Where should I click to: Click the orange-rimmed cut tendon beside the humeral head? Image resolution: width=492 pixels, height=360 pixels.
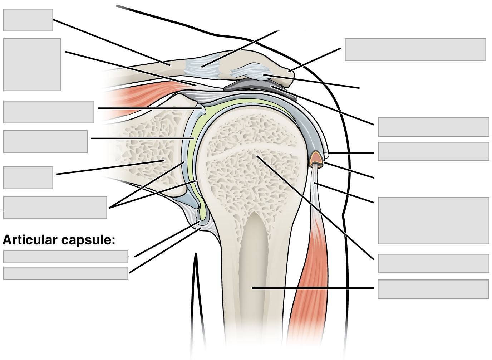[316, 158]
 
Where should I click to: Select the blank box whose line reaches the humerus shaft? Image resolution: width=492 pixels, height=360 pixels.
[433, 289]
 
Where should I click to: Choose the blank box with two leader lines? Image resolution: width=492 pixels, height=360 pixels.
[55, 207]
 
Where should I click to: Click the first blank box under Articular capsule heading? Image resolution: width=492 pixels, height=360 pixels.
[65, 257]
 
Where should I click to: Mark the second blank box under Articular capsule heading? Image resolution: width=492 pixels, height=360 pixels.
[65, 273]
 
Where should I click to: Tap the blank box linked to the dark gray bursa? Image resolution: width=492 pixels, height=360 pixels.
[433, 127]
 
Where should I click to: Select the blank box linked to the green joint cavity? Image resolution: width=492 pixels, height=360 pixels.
[45, 142]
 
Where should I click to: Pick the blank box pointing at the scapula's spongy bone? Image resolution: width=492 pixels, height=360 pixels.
[28, 177]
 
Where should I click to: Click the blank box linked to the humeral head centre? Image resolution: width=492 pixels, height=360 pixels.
[433, 263]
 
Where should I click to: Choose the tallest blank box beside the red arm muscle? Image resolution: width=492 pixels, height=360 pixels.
[433, 220]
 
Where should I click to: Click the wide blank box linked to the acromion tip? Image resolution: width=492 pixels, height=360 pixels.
[415, 50]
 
